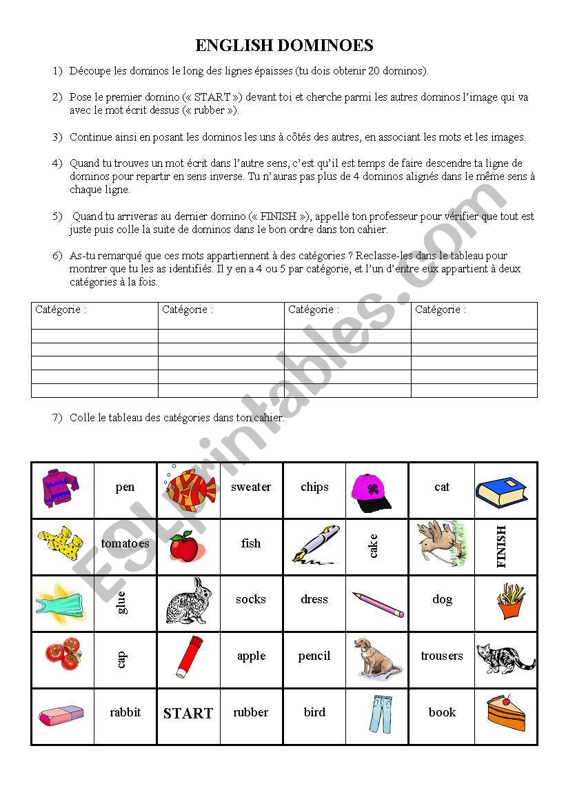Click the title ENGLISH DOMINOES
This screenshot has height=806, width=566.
click(284, 46)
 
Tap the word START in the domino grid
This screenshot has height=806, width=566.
click(188, 714)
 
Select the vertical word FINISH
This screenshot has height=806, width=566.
click(501, 546)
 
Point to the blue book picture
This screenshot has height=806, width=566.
click(501, 491)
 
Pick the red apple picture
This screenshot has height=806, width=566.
click(184, 547)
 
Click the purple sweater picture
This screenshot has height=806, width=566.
click(60, 487)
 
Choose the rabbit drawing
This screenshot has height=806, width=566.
click(188, 601)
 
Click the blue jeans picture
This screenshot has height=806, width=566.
click(377, 714)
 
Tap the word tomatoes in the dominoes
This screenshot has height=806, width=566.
click(125, 543)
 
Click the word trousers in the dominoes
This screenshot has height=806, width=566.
click(442, 656)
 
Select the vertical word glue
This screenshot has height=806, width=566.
click(122, 602)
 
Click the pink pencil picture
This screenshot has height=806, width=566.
click(378, 603)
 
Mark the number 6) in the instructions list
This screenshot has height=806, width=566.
click(57, 256)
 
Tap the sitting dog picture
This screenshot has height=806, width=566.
click(376, 657)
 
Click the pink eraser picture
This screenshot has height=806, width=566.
click(61, 715)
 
